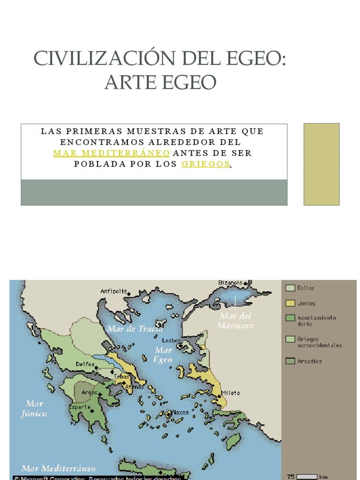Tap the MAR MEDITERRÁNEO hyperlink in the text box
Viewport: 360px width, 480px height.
coord(111,153)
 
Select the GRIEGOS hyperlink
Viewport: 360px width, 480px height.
coord(206,165)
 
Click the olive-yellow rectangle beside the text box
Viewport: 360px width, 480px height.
coord(321,164)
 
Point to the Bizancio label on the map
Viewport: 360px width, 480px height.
coord(230,283)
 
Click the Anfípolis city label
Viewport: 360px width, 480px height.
coord(113,291)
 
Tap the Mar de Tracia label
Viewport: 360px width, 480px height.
coord(135,329)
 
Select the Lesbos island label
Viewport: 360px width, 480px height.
coord(171,340)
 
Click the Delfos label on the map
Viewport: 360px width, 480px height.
coord(85,364)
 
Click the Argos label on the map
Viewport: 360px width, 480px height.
coord(90,392)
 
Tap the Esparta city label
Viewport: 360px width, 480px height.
coord(80,407)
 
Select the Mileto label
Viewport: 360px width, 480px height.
coord(231,393)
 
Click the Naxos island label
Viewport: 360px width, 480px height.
coord(180,412)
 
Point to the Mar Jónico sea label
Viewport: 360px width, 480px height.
coord(34,409)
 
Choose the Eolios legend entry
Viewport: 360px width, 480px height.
coord(306,288)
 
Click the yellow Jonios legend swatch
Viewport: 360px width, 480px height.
coord(290,303)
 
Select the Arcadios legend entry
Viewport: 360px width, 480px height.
coord(309,361)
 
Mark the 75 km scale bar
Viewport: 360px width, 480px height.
coord(307,477)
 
